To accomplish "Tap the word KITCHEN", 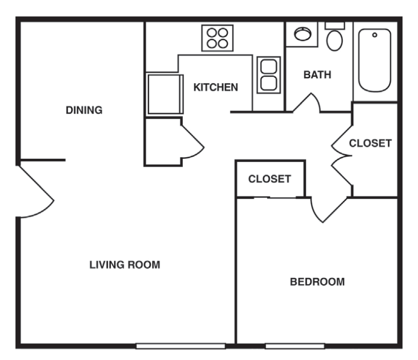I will click(216, 87).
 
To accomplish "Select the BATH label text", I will click(317, 75).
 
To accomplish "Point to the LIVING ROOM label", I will click(124, 264).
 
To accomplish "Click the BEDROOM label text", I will click(317, 282).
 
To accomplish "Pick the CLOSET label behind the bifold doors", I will click(370, 143).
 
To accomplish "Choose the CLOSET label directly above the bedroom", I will click(269, 179).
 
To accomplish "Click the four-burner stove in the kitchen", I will click(217, 38).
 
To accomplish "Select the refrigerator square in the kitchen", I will click(164, 94).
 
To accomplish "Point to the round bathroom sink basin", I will click(302, 34).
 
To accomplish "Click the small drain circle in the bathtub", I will click(374, 36).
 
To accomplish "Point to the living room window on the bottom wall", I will click(181, 346).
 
